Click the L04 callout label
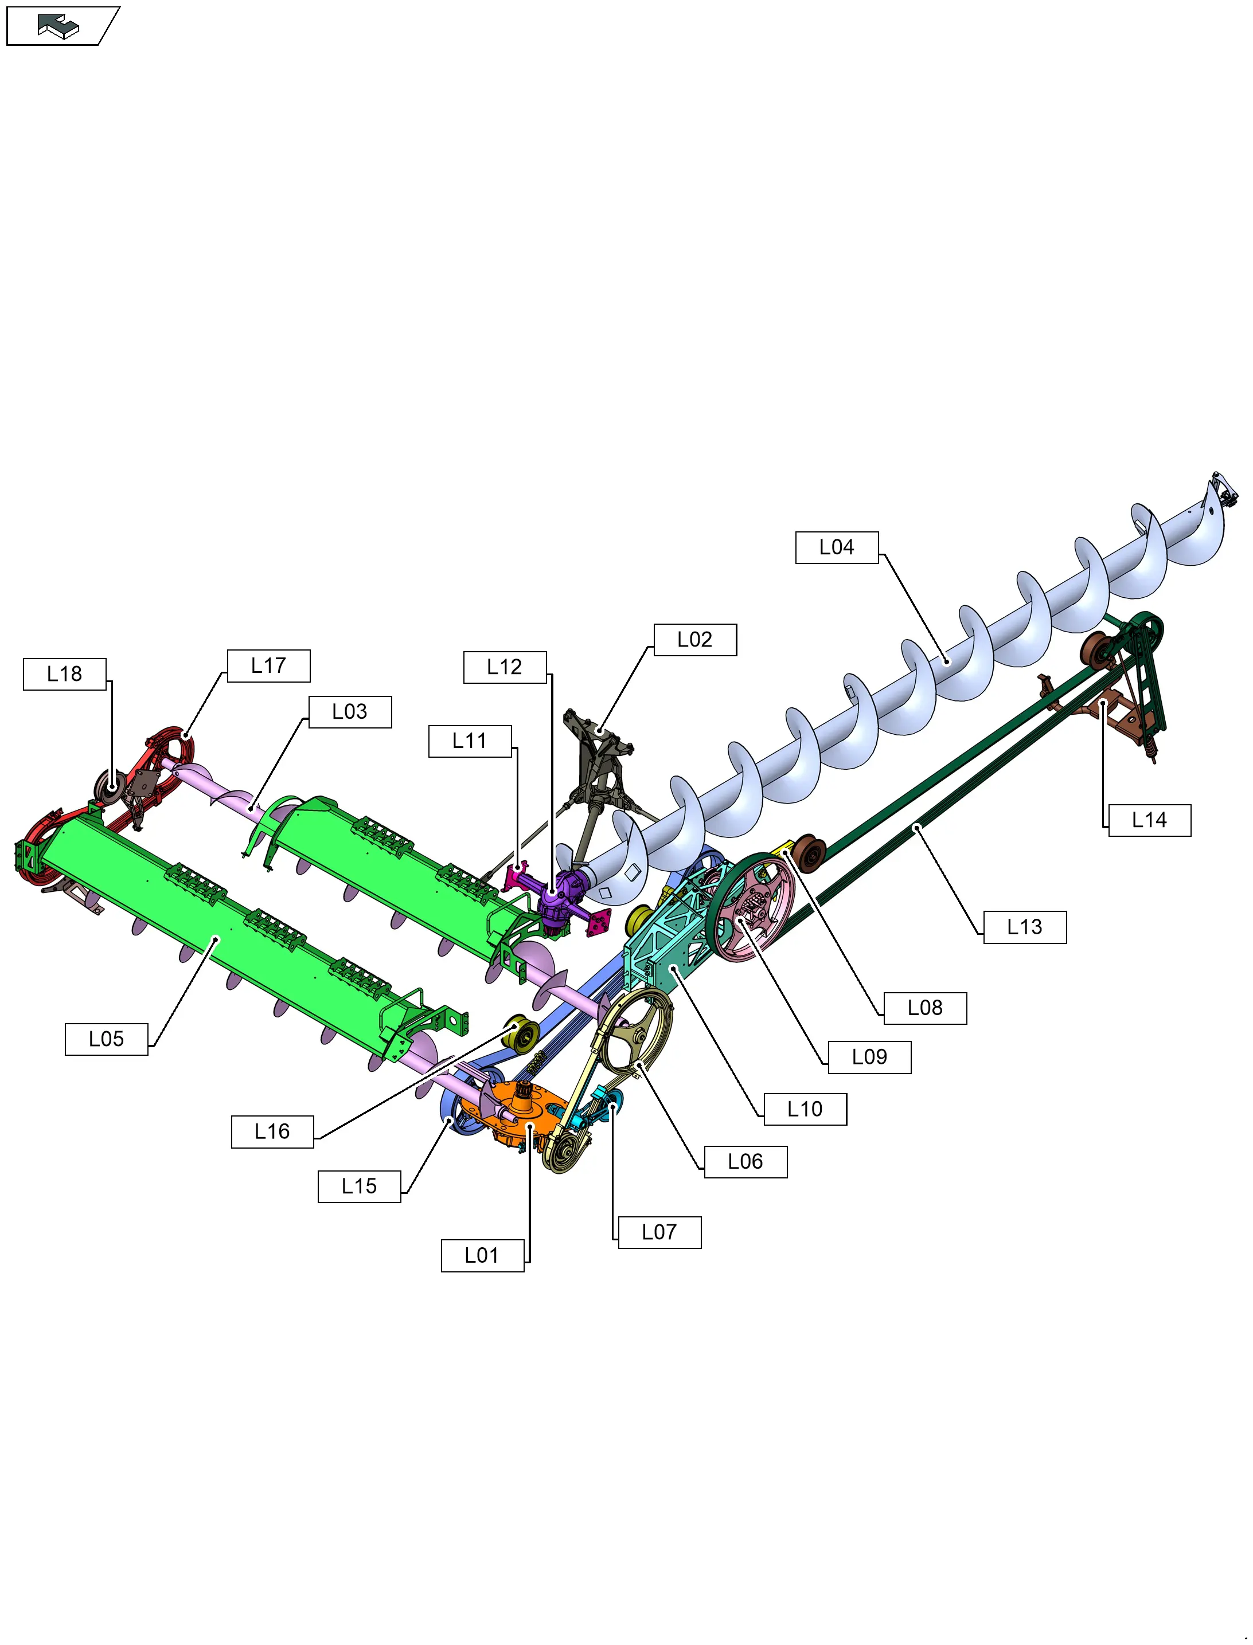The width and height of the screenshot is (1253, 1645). coord(836,548)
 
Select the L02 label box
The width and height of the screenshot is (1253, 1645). coord(694,640)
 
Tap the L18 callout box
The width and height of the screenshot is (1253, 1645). coord(64,675)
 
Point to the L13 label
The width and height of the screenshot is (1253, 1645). coord(1024,927)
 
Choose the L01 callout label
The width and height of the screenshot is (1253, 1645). coord(482,1256)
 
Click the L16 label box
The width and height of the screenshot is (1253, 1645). coord(272,1132)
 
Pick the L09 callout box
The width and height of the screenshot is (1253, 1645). coord(869,1057)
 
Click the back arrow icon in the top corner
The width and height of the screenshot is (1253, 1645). coord(58,26)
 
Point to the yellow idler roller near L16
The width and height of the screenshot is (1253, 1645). coord(521,1033)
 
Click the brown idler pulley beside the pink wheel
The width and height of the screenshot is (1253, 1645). coord(809,853)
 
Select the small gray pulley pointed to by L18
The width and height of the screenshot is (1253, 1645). coord(110,786)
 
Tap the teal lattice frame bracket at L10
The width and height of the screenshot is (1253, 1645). coord(664,947)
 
